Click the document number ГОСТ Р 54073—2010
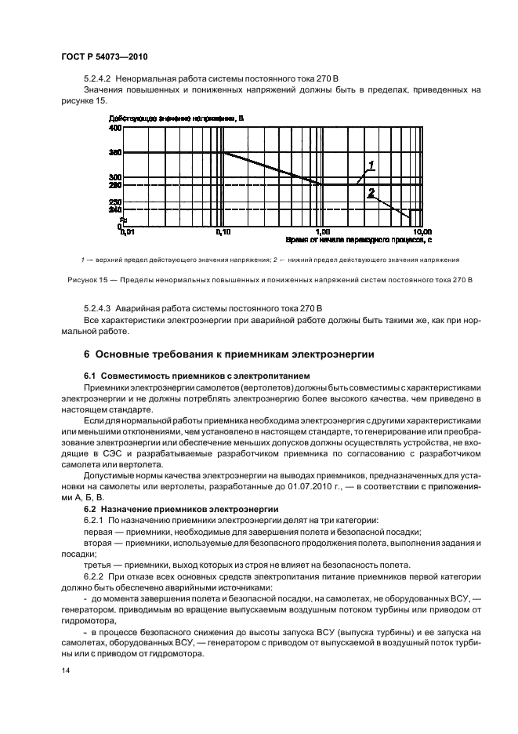click(x=105, y=58)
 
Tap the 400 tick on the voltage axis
click(x=115, y=127)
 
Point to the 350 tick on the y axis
click(x=115, y=152)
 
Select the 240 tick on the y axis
click(x=115, y=209)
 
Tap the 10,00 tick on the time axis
click(x=422, y=232)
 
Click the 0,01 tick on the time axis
click(x=125, y=232)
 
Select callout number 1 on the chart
click(x=371, y=164)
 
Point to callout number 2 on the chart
click(x=371, y=192)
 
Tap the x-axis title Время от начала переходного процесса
click(x=358, y=240)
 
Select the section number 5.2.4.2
click(x=98, y=80)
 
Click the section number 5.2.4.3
click(x=98, y=307)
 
